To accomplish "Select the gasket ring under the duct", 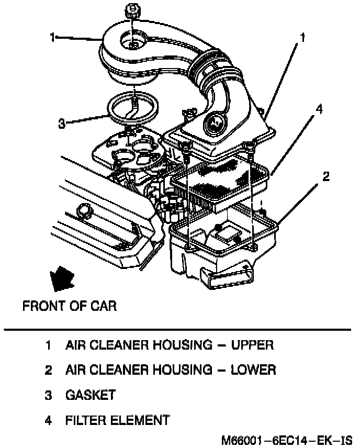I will click(134, 108).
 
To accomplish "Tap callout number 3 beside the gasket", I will click(62, 124).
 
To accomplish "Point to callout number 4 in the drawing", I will click(318, 109).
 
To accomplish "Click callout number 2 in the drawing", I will click(325, 176).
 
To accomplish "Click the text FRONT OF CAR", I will click(69, 306).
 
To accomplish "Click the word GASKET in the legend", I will click(90, 395).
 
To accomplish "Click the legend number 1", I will click(48, 345).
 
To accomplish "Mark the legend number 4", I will click(48, 420).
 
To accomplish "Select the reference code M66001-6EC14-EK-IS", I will click(286, 440).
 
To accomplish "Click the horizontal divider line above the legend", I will click(177, 330).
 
